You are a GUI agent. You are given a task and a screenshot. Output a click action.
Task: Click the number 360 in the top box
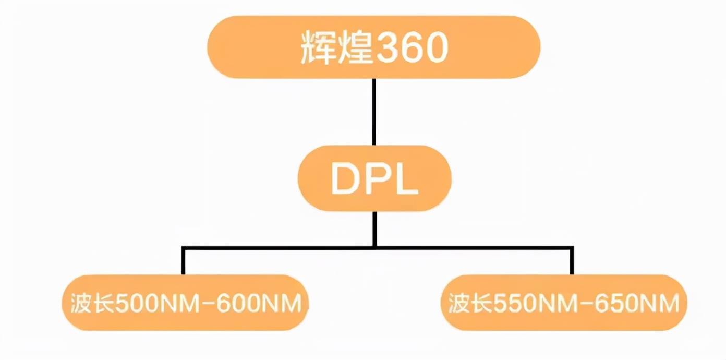[410, 49]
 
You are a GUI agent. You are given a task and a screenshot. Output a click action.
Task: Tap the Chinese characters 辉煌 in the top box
[335, 49]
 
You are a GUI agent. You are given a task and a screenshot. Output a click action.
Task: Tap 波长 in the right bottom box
[470, 303]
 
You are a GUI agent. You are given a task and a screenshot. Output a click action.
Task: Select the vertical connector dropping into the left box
[183, 261]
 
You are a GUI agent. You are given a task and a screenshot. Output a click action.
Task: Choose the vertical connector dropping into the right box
[572, 261]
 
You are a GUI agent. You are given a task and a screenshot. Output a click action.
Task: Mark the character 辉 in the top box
[318, 49]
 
